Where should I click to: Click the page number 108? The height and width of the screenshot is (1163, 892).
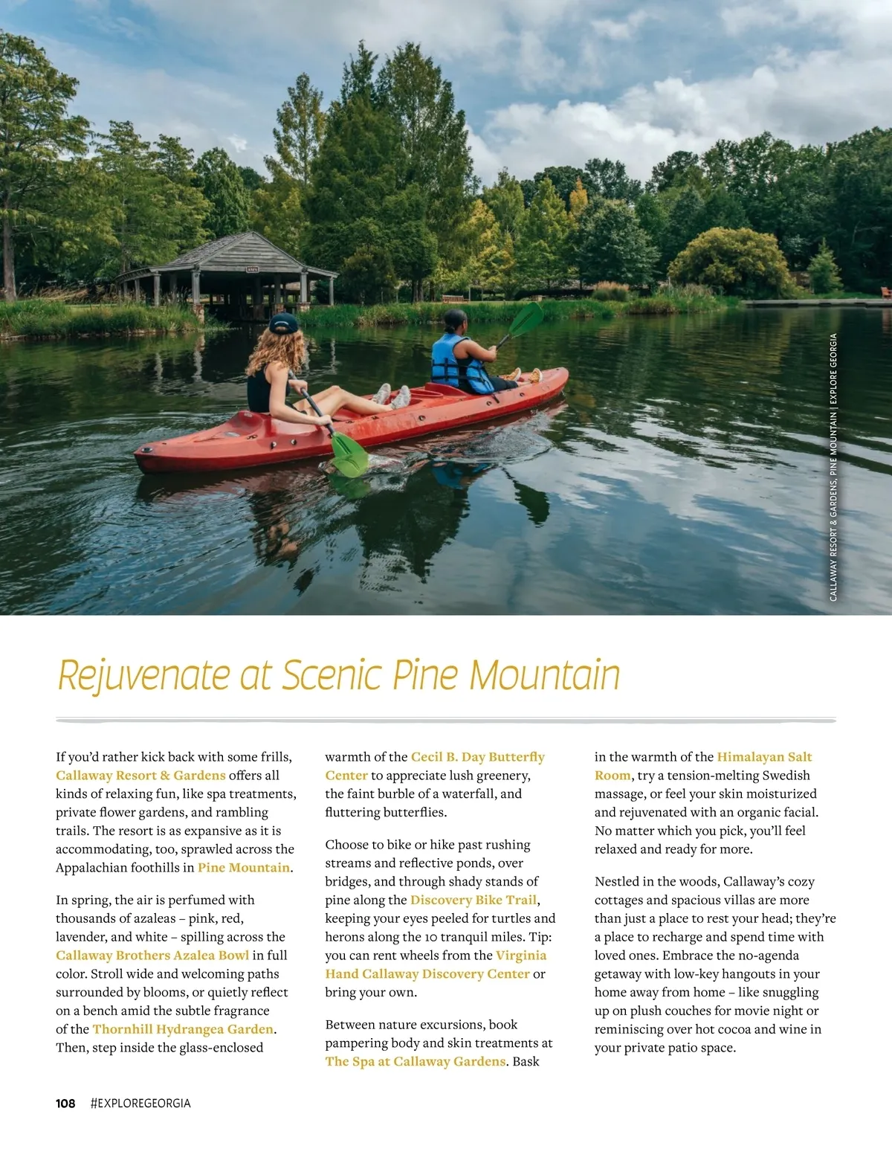65,1104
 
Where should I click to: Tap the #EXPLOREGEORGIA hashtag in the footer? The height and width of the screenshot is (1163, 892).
140,1104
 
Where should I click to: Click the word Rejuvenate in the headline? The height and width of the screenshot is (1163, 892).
143,675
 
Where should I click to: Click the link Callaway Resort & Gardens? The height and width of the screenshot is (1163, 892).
140,775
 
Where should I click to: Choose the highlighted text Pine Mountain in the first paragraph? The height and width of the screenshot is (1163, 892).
244,868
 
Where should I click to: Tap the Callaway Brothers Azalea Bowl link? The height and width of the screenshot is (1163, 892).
152,956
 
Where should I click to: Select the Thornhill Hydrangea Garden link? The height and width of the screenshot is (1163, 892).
183,1029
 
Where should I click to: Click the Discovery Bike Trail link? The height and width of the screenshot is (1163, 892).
474,900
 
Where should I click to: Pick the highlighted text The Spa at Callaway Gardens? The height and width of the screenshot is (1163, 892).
416,1061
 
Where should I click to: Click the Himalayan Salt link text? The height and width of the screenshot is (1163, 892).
764,757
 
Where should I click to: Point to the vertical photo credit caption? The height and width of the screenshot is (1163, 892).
833,467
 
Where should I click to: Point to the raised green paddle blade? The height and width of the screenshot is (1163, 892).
526,320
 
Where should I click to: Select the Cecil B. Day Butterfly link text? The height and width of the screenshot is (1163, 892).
477,757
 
